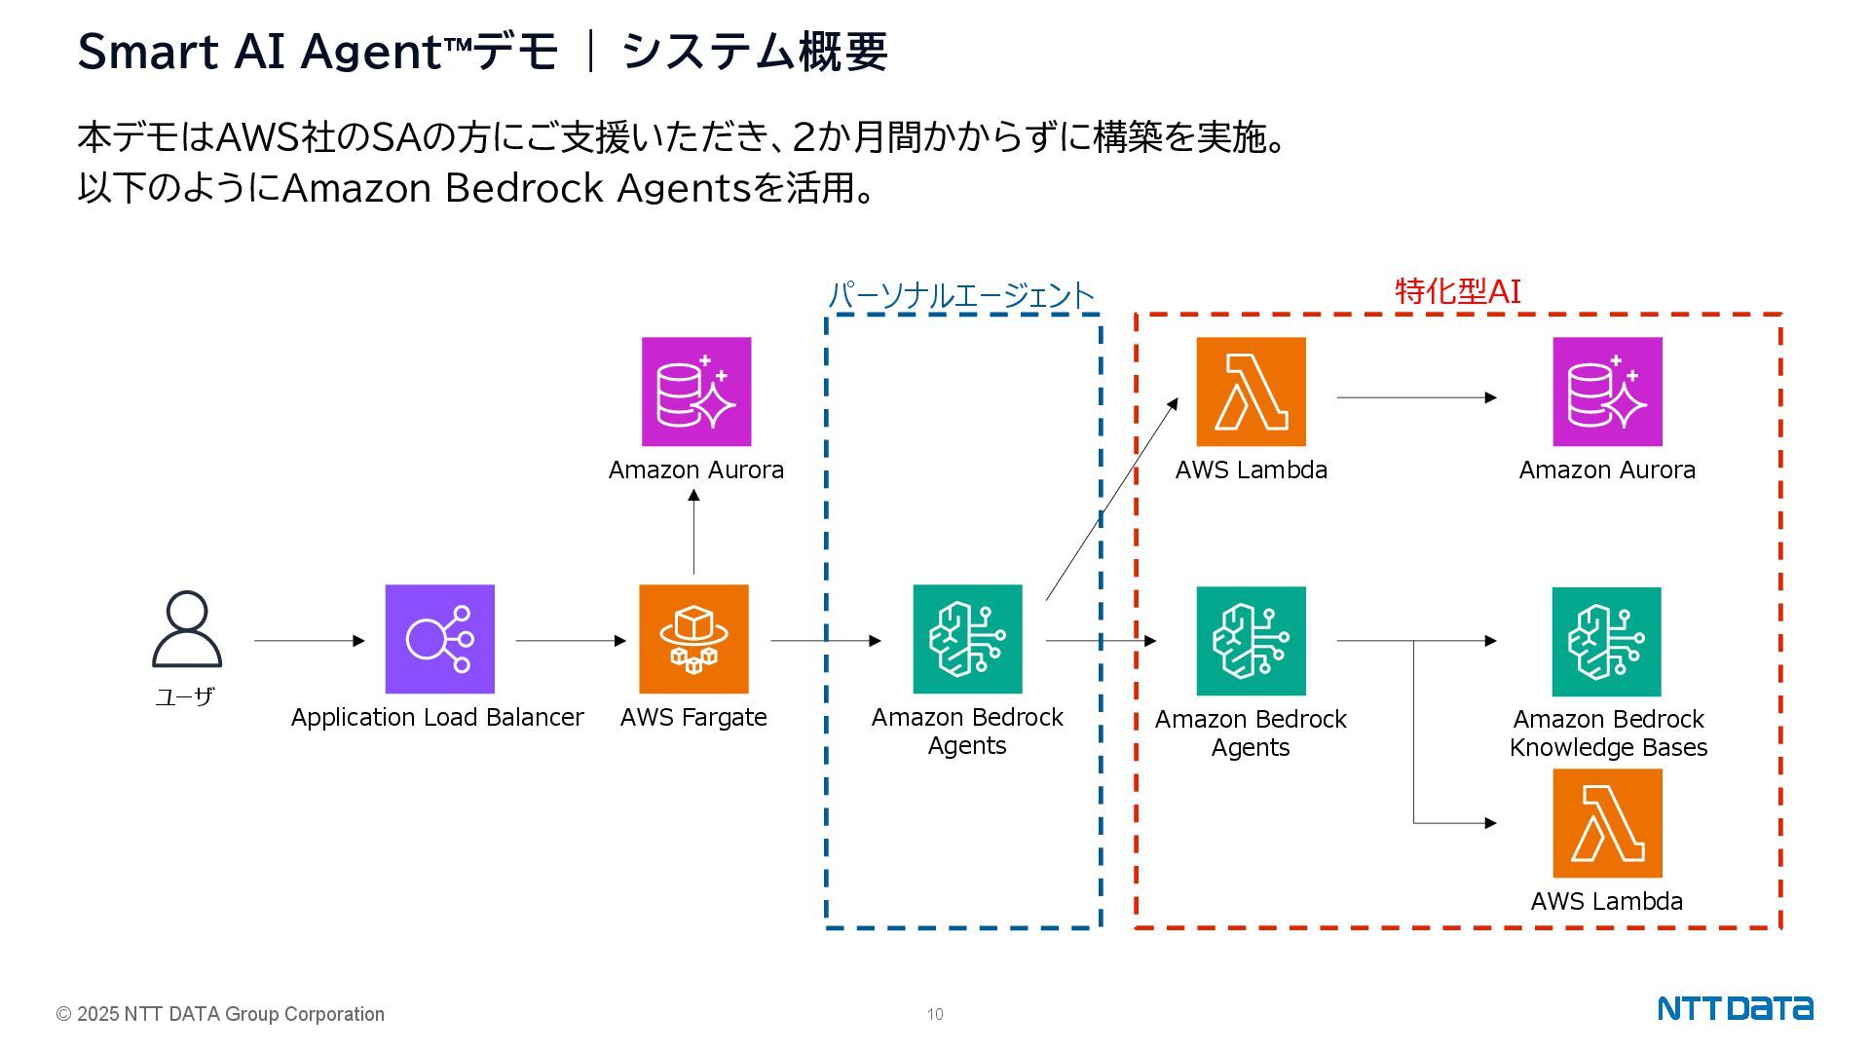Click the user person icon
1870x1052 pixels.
(x=187, y=629)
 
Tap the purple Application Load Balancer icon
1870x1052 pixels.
(x=439, y=639)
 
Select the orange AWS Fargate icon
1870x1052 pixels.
(x=693, y=639)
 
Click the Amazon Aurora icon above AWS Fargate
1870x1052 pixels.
(x=695, y=392)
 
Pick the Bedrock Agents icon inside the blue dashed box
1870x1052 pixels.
(x=967, y=639)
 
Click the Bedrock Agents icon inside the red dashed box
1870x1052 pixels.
(x=1251, y=641)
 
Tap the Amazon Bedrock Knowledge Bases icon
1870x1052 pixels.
(x=1607, y=642)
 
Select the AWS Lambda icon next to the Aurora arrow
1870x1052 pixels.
(x=1251, y=392)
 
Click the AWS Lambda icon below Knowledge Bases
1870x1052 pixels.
(x=1607, y=823)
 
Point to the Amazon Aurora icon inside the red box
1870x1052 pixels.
(x=1607, y=392)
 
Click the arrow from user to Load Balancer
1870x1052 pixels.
(x=310, y=641)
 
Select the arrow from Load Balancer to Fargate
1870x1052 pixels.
(x=571, y=641)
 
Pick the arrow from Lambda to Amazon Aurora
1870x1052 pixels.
(x=1416, y=397)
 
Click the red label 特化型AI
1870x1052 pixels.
(x=1457, y=291)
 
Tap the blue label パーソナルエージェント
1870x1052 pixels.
(x=961, y=295)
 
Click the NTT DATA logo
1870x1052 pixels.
(x=1735, y=1008)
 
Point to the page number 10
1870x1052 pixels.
(x=935, y=1015)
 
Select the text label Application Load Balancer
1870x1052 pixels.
(x=437, y=718)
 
